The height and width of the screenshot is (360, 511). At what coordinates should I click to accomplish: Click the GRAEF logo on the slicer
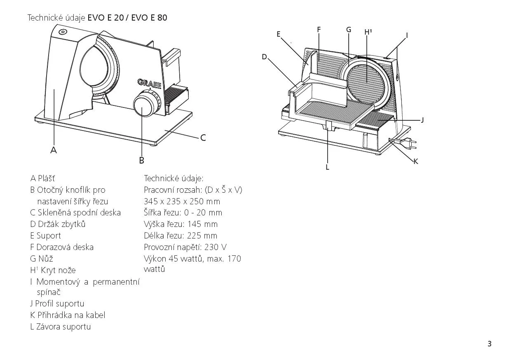[150, 84]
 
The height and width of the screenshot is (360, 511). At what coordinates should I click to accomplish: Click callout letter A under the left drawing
[54, 150]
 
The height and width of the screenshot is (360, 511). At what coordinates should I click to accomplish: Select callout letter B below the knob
[141, 160]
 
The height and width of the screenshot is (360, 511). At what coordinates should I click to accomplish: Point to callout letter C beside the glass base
[203, 138]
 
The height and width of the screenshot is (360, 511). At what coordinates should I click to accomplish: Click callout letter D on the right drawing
[265, 57]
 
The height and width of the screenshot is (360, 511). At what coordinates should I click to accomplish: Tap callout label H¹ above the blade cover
[368, 32]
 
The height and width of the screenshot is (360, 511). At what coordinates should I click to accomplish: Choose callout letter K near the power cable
[416, 161]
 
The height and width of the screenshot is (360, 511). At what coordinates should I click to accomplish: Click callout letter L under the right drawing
[327, 167]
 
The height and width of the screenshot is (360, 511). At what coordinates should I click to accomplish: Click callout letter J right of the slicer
[422, 120]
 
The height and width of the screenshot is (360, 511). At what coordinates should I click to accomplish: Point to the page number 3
[490, 344]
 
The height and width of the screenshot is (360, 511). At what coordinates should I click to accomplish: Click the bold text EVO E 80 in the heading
[149, 18]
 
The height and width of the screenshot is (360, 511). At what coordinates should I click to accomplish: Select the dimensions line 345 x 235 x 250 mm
[182, 201]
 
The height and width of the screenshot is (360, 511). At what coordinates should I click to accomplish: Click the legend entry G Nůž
[42, 259]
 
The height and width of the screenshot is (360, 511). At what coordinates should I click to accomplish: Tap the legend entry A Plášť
[42, 178]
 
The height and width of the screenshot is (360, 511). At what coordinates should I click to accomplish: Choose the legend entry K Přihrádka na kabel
[68, 315]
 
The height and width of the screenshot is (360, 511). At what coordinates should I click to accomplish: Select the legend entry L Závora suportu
[61, 327]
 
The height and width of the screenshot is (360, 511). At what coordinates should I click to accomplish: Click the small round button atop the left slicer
[63, 32]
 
